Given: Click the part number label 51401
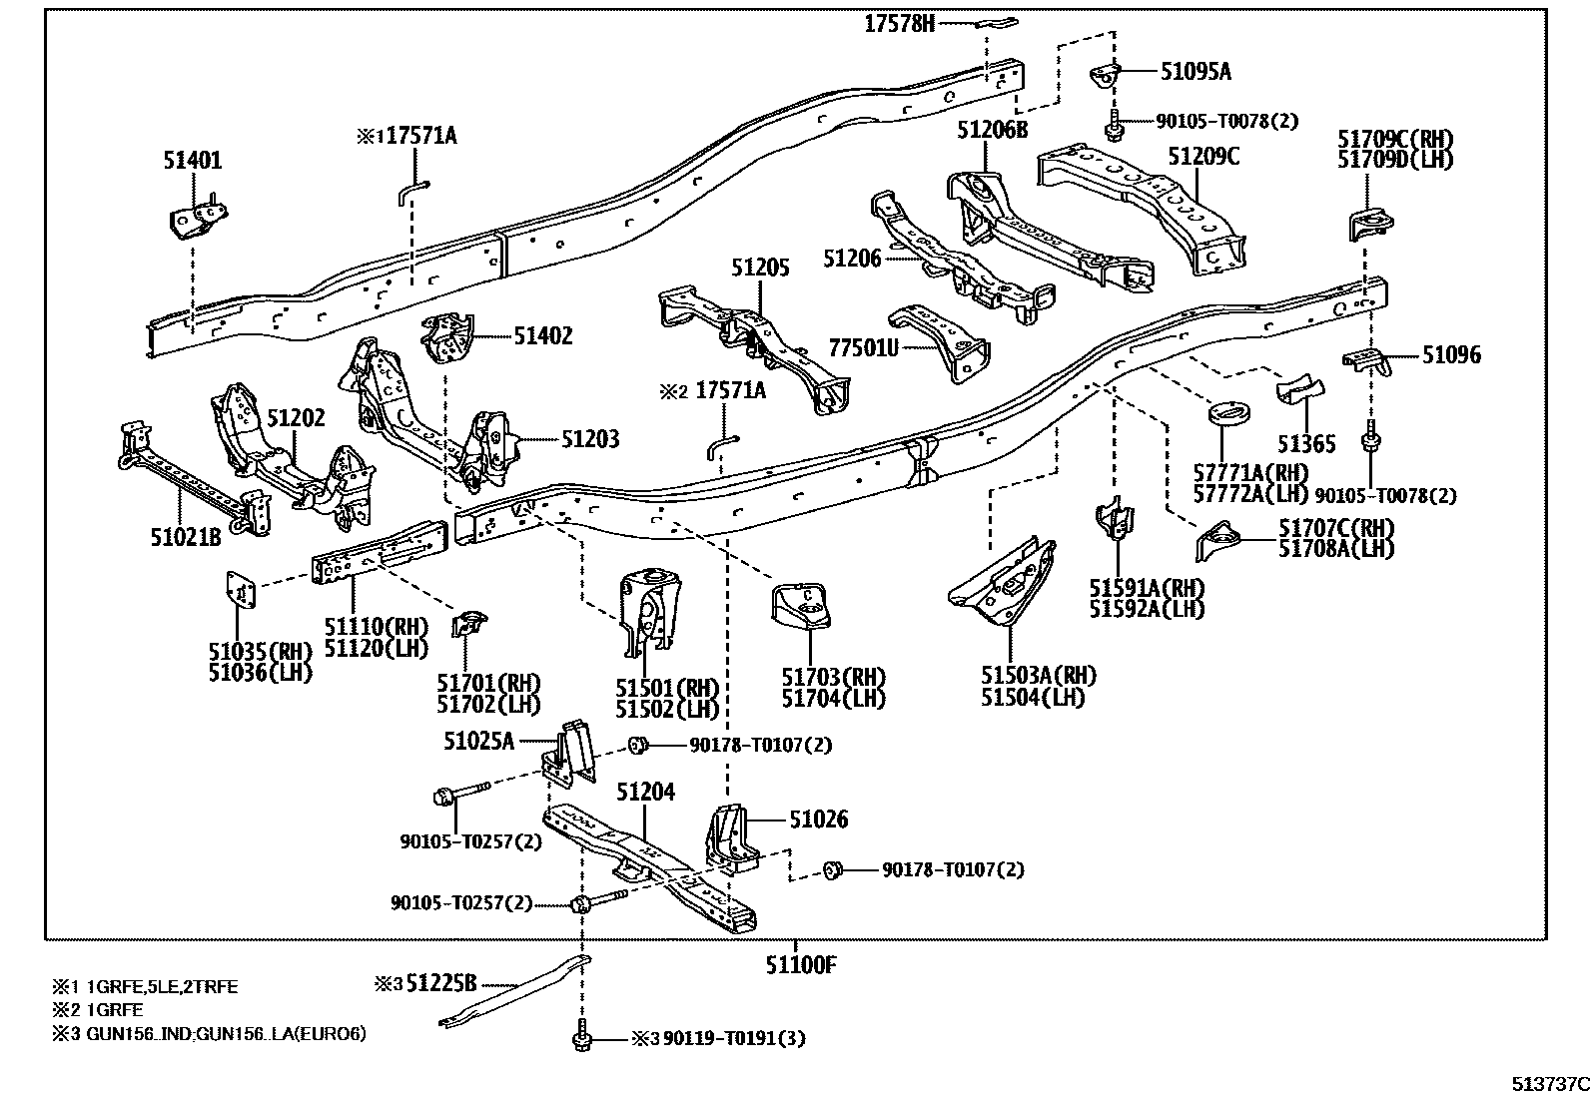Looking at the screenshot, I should (193, 161).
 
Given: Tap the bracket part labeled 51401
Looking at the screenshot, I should (196, 221).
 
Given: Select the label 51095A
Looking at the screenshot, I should (1195, 72).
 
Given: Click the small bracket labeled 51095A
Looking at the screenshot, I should (1105, 76).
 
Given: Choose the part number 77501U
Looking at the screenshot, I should (864, 346).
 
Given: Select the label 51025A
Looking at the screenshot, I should (478, 741).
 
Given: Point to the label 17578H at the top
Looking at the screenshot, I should (899, 24).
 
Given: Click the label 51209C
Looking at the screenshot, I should (1203, 157).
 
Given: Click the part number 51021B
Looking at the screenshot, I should (185, 538).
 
